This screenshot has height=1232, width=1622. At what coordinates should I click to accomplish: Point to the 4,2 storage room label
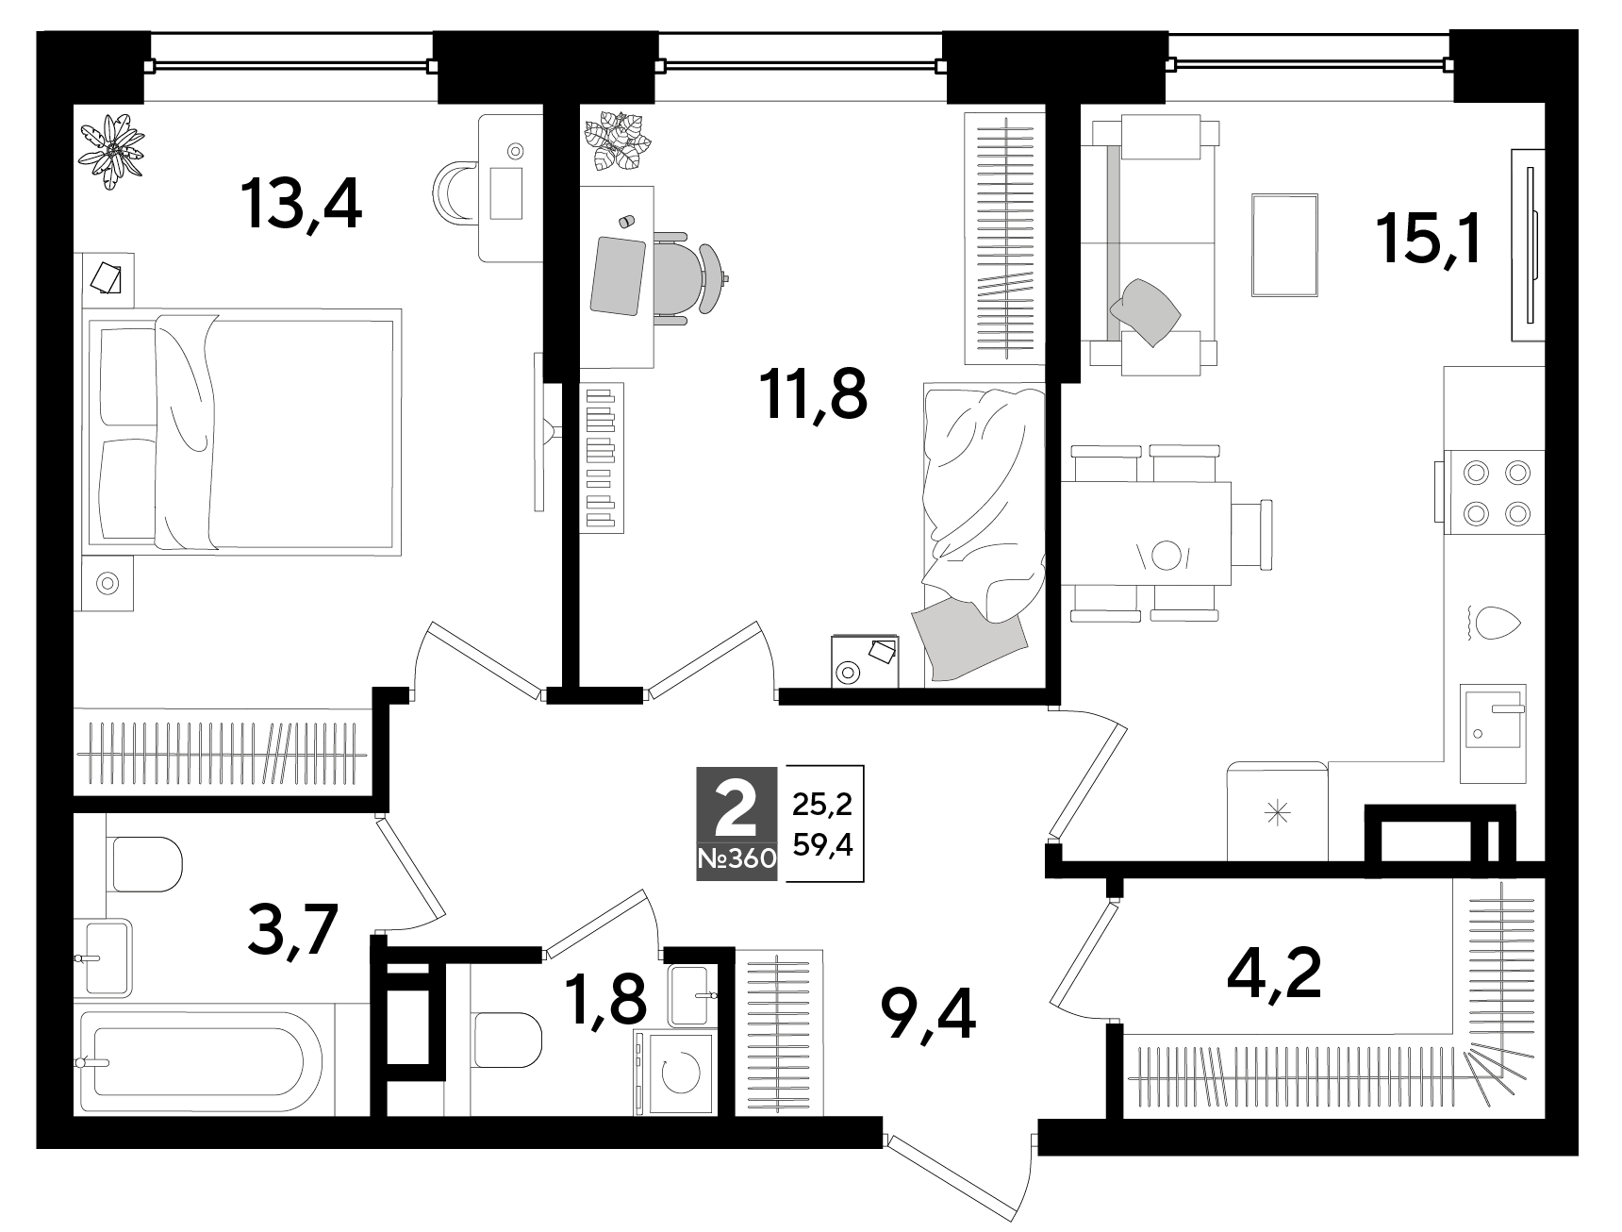(1275, 973)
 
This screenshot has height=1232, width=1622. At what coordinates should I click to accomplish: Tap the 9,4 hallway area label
(927, 1017)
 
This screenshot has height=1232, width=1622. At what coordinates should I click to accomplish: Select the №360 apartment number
(737, 859)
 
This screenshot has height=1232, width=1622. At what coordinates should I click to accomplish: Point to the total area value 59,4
(822, 845)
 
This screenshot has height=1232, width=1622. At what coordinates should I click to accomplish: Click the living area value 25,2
(822, 804)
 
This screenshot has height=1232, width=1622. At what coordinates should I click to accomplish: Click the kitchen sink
(1494, 733)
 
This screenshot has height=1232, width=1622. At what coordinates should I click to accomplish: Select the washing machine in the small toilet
(672, 1073)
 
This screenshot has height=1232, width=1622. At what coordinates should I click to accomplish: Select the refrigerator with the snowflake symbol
(1277, 812)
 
